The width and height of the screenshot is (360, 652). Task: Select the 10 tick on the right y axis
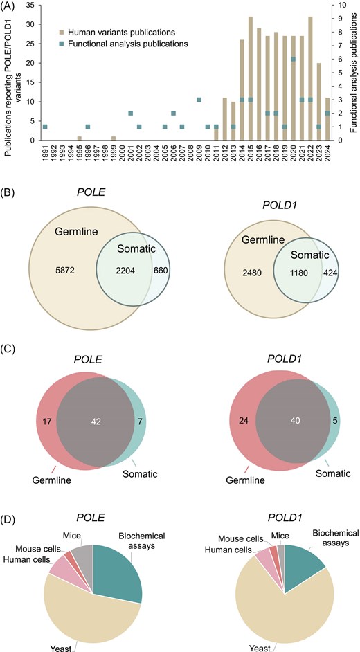(x=334, y=5)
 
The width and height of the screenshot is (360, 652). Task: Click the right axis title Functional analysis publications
(x=352, y=73)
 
